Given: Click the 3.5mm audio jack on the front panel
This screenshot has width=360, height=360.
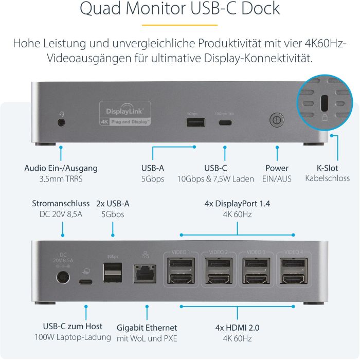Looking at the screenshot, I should [x=62, y=122].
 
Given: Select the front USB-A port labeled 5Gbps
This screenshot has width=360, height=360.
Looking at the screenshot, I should [x=196, y=122].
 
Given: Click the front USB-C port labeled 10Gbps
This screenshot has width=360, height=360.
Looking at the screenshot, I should [x=225, y=122].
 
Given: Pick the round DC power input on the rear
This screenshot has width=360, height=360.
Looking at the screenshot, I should [x=63, y=278].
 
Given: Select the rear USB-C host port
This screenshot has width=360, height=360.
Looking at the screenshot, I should [x=85, y=281].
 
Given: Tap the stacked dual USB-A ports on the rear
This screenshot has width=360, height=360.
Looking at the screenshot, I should [x=113, y=273].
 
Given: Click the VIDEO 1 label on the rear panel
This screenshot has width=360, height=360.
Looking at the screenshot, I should [x=181, y=253].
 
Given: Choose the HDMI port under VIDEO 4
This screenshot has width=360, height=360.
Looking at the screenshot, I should [x=292, y=279].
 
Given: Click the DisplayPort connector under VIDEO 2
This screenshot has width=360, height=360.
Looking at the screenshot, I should [x=218, y=265].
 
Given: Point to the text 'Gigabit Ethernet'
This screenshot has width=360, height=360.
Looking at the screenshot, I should [x=147, y=328].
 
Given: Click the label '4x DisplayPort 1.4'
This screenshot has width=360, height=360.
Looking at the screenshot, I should [x=237, y=203].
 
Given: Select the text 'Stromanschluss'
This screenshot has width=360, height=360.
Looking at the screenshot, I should [x=61, y=203].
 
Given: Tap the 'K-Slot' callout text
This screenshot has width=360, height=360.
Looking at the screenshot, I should [x=327, y=168].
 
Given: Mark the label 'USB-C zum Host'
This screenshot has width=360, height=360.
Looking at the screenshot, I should [x=73, y=326].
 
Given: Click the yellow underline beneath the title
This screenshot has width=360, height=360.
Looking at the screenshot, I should [x=179, y=25].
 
